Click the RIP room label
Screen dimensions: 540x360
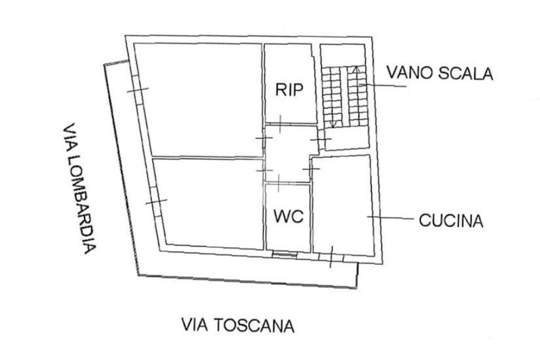290,90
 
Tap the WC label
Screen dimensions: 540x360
288,216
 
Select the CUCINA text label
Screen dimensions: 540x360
451,220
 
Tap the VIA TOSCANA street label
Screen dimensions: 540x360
237,325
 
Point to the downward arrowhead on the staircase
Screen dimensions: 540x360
333,124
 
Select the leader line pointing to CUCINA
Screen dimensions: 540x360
390,217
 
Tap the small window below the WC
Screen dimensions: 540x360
285,255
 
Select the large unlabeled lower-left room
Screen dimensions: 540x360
208,203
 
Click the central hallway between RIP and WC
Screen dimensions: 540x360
287,154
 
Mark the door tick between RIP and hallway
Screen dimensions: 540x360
281,124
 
